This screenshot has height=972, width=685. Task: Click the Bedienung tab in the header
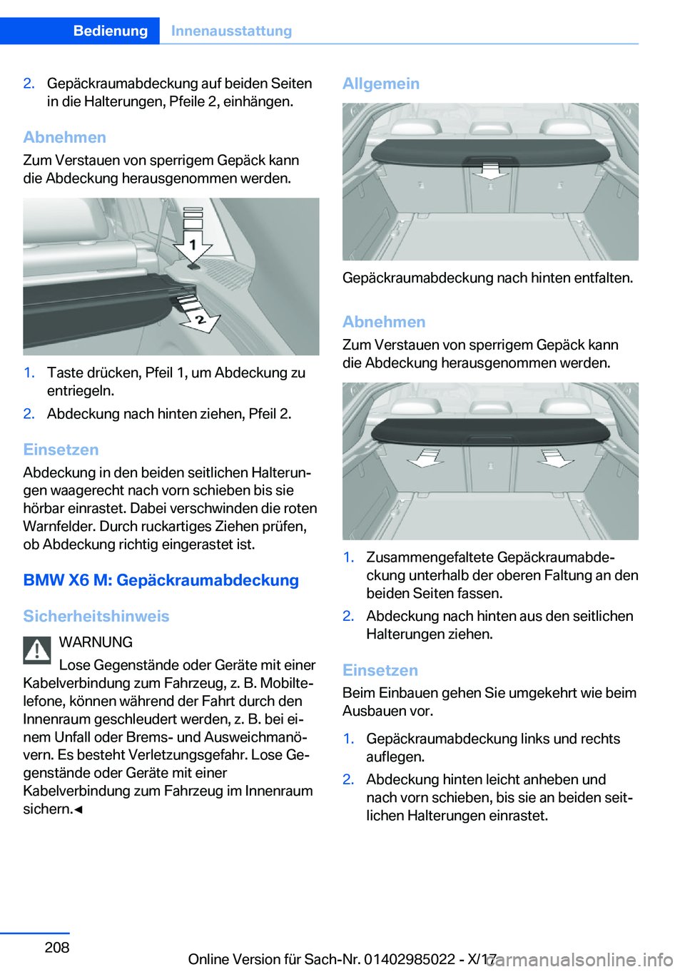[x=110, y=31]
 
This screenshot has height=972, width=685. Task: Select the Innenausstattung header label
[x=231, y=31]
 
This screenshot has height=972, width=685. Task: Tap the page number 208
[x=57, y=947]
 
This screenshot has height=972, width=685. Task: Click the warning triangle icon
[x=37, y=649]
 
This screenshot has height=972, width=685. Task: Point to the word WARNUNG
[x=96, y=642]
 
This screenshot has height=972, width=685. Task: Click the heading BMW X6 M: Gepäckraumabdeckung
[x=161, y=579]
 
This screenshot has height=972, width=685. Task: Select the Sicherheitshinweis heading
[x=96, y=616]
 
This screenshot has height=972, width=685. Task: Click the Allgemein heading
[x=381, y=83]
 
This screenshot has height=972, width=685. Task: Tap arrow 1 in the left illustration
[x=193, y=245]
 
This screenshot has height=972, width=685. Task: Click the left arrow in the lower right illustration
[x=426, y=457]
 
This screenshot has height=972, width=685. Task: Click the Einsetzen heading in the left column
[x=61, y=450]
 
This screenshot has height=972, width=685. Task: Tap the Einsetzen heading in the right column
[x=380, y=670]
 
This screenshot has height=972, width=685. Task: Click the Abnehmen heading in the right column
[x=384, y=322]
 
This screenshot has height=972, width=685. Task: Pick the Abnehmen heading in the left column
[x=65, y=137]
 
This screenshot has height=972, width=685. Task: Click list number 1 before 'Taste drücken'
[x=29, y=373]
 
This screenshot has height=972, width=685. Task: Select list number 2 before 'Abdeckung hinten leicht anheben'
[x=348, y=779]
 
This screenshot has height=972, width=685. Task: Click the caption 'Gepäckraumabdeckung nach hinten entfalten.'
[x=487, y=278]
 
